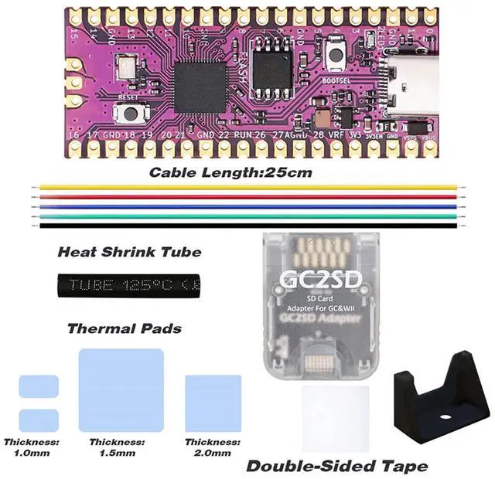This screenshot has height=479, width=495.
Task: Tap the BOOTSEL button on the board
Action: coord(336,58)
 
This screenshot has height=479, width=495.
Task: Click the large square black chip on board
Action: coord(200,87)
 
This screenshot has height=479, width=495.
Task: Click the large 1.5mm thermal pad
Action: coord(121,389)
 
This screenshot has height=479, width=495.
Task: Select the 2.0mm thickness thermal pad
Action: coord(213,403)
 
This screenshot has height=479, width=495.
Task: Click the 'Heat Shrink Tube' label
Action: coord(129,252)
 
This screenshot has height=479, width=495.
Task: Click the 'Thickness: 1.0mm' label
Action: coord(31,447)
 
